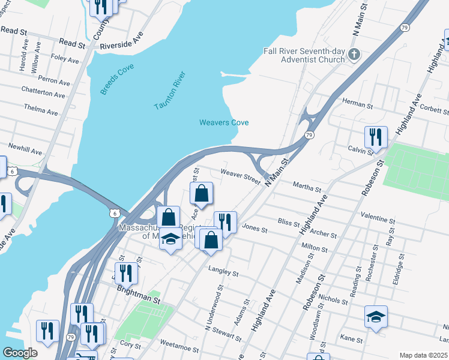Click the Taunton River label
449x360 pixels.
pos(170,91)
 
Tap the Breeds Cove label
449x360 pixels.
pos(117,80)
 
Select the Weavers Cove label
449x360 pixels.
pos(224,123)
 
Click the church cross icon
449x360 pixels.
pos(354,55)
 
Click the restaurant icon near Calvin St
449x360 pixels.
pos(376,137)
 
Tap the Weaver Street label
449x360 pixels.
pos(240,175)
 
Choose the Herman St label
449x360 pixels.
pos(358,104)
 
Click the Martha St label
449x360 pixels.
pos(307,188)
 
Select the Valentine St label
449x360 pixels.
pos(378,214)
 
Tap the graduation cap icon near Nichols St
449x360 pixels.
pos(376,316)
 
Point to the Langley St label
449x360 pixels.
pos(223,272)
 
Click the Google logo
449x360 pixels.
pos(20,353)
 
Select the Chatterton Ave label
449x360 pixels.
pos(43,95)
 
